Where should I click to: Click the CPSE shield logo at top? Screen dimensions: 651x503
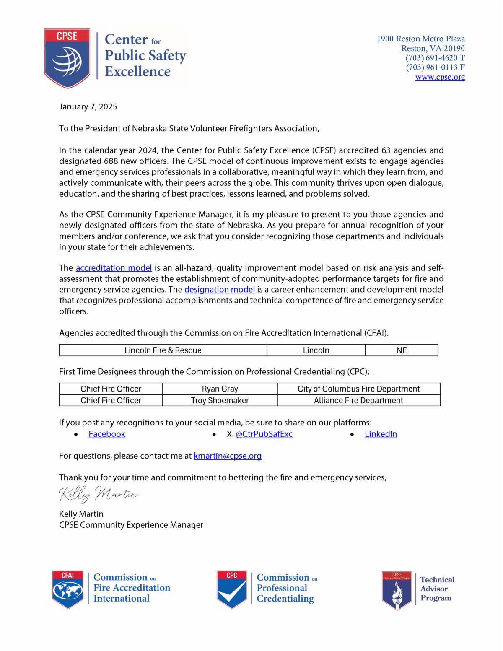[67, 58]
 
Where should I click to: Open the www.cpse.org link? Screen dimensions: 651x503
[440, 77]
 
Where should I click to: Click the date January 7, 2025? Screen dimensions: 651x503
[88, 107]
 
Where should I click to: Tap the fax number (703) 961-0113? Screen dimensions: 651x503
[432, 67]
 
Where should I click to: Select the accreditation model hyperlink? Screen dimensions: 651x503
[114, 268]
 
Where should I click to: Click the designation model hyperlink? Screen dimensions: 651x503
[219, 290]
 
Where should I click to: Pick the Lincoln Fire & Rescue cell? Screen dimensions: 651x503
[163, 350]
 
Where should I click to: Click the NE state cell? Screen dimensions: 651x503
[402, 350]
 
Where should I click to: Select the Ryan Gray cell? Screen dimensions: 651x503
[220, 389]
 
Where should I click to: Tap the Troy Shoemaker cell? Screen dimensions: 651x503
[220, 401]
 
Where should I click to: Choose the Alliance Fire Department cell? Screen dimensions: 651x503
[358, 401]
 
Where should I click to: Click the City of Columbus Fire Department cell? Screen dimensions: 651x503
[358, 389]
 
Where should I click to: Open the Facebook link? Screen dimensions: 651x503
[107, 434]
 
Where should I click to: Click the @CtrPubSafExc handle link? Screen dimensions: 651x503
[264, 434]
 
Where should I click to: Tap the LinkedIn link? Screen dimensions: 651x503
[381, 434]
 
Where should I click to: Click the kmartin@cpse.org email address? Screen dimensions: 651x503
[228, 456]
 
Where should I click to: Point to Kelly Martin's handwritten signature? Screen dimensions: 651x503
[99, 495]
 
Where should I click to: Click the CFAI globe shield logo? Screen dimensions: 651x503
[68, 589]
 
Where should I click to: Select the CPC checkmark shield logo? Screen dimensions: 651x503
[232, 589]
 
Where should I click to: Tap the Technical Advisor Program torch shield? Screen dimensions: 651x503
[397, 590]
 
